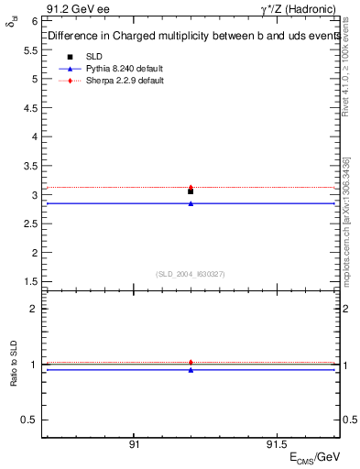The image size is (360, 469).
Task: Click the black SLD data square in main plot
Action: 191,191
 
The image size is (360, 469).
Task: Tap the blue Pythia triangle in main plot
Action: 191,203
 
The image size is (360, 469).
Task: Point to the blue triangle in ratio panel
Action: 191,370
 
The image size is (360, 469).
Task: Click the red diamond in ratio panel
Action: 191,363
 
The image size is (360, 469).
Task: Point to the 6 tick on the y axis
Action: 33,20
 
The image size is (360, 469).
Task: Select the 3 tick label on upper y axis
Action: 33,194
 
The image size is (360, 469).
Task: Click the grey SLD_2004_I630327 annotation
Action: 191,274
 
